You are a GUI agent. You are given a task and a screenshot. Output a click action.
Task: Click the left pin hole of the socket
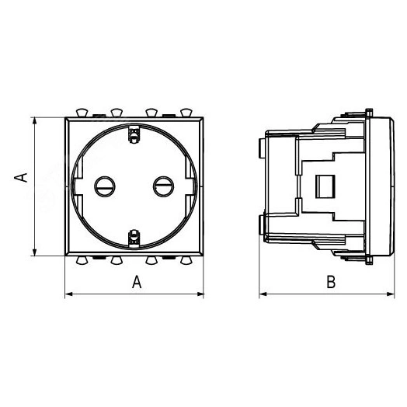click(105, 186)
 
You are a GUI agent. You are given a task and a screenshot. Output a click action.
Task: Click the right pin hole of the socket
click(164, 186)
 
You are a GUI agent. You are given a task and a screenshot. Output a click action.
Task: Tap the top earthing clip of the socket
click(134, 134)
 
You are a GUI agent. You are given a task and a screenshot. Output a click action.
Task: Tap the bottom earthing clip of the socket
click(134, 238)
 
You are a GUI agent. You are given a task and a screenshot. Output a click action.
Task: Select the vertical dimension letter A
click(21, 177)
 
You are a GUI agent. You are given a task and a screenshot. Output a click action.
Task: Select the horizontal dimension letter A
click(137, 282)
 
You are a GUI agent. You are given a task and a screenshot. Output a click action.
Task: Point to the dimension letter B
click(331, 282)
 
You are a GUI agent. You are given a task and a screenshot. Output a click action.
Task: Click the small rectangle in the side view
click(325, 186)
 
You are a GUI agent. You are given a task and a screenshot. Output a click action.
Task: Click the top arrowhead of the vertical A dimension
click(34, 121)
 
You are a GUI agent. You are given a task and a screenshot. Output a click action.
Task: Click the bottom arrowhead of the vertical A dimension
click(34, 252)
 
